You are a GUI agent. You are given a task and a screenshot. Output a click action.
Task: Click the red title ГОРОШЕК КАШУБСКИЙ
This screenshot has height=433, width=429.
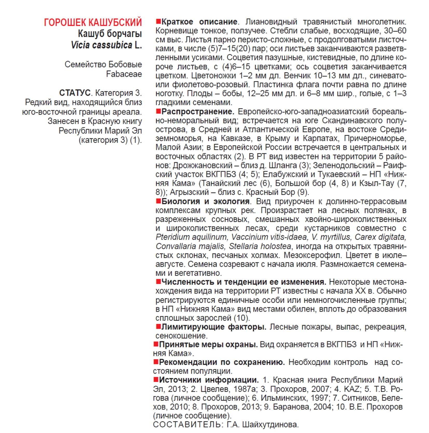click(93, 22)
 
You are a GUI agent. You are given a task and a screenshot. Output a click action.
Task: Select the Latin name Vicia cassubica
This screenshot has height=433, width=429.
click(101, 45)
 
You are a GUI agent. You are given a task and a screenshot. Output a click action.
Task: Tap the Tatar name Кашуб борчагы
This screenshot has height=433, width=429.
click(110, 34)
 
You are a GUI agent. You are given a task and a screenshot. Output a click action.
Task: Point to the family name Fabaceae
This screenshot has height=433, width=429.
click(124, 74)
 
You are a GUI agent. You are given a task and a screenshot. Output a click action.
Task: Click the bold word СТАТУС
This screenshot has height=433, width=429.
click(75, 93)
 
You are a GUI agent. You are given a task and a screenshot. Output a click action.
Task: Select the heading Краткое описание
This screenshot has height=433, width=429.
click(199, 22)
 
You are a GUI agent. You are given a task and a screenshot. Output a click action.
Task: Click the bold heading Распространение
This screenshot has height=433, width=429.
click(198, 112)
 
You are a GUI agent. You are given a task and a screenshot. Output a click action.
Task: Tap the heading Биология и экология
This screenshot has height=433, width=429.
click(205, 201)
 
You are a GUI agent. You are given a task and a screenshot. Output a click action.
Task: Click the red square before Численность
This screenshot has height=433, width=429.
click(158, 281)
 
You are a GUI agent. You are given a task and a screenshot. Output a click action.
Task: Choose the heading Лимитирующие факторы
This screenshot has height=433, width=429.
click(214, 327)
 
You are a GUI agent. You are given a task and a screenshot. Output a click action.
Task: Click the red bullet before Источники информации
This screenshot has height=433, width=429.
click(156, 380)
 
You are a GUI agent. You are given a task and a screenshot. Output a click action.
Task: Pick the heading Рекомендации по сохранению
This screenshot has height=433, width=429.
click(222, 362)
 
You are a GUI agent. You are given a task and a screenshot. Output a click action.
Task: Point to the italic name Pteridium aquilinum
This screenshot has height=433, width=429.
click(191, 237)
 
